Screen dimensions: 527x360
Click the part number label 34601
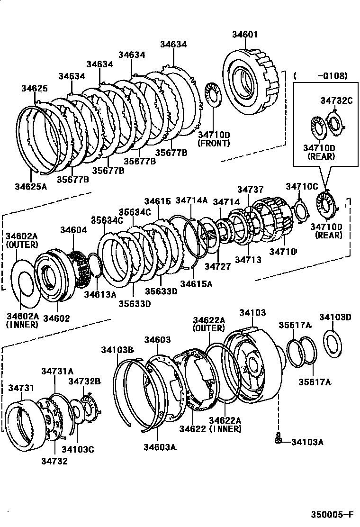245,34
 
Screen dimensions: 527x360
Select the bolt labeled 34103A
279,441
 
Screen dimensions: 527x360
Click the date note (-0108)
321,76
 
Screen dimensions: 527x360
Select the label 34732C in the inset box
336,100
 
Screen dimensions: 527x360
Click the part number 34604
73,230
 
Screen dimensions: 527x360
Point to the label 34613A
100,294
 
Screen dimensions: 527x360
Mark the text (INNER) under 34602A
22,325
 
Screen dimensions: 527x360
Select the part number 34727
217,266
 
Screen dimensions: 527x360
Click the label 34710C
302,186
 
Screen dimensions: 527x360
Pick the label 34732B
85,381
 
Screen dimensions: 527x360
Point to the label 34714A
191,200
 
